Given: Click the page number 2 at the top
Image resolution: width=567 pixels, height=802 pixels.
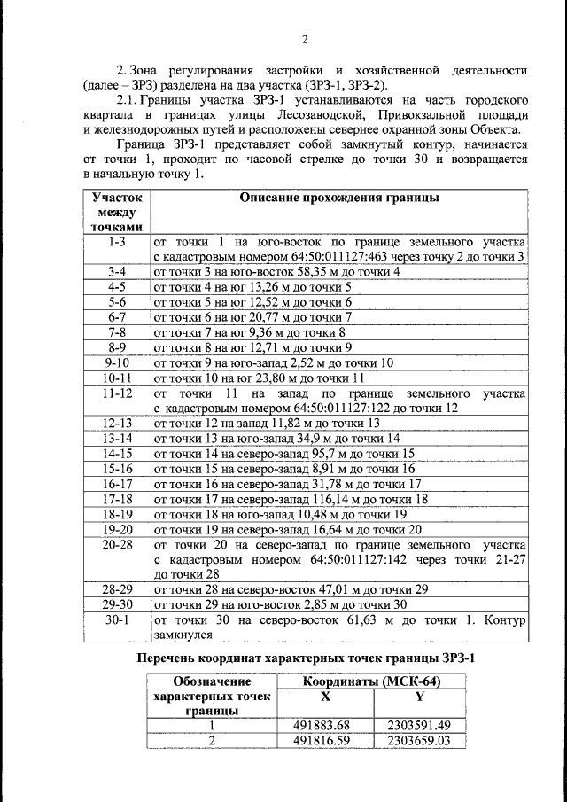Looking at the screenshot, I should tap(303, 39).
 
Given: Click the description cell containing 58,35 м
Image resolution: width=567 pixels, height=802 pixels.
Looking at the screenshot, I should tap(276, 272).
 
